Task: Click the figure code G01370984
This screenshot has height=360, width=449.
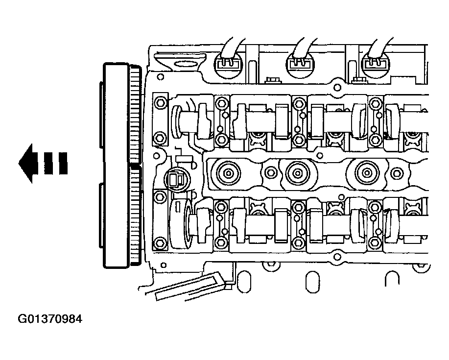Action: click(x=50, y=319)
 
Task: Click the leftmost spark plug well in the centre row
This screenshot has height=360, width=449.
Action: click(x=228, y=173)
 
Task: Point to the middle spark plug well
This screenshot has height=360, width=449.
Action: click(x=298, y=173)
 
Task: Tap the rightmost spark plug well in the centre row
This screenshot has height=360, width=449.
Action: click(x=367, y=173)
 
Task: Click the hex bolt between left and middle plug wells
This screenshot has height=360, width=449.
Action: click(x=270, y=173)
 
